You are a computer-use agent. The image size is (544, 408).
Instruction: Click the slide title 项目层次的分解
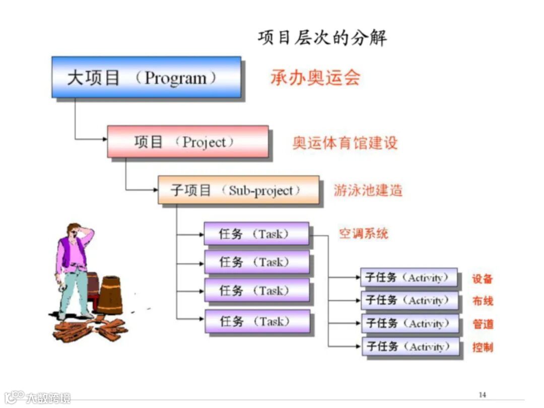click(322, 38)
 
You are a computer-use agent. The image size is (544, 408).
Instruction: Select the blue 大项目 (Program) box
click(146, 77)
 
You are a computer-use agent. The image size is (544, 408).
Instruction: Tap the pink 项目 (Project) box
click(187, 142)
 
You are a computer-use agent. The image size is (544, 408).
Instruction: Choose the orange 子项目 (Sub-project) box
click(238, 190)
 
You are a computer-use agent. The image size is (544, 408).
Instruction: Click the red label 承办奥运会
click(315, 78)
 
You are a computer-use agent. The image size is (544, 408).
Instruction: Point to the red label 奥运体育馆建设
click(345, 142)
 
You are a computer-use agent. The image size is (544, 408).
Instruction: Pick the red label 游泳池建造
click(368, 190)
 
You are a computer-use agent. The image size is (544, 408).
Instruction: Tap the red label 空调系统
click(363, 233)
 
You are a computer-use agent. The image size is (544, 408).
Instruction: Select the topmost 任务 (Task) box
click(256, 234)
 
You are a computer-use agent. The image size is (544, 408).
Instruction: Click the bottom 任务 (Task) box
click(256, 321)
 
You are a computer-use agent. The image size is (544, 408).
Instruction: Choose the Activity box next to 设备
click(409, 278)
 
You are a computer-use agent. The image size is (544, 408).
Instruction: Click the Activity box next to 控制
click(411, 347)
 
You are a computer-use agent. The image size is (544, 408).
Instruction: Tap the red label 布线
click(483, 301)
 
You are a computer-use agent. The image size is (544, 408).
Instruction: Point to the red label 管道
click(483, 324)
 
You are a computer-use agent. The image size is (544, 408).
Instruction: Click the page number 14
click(482, 394)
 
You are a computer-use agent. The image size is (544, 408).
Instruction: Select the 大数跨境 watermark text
click(48, 398)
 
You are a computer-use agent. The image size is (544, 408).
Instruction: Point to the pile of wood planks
click(91, 329)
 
